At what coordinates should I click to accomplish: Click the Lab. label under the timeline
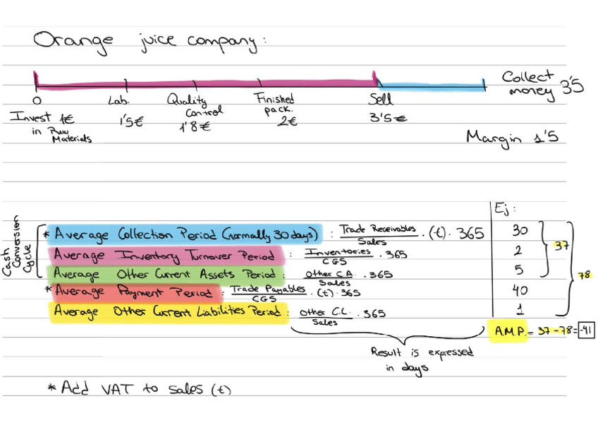(118, 101)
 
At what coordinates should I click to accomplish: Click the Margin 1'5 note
(512, 138)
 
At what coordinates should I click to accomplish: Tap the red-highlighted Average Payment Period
(134, 291)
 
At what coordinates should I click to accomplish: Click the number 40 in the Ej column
(520, 290)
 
